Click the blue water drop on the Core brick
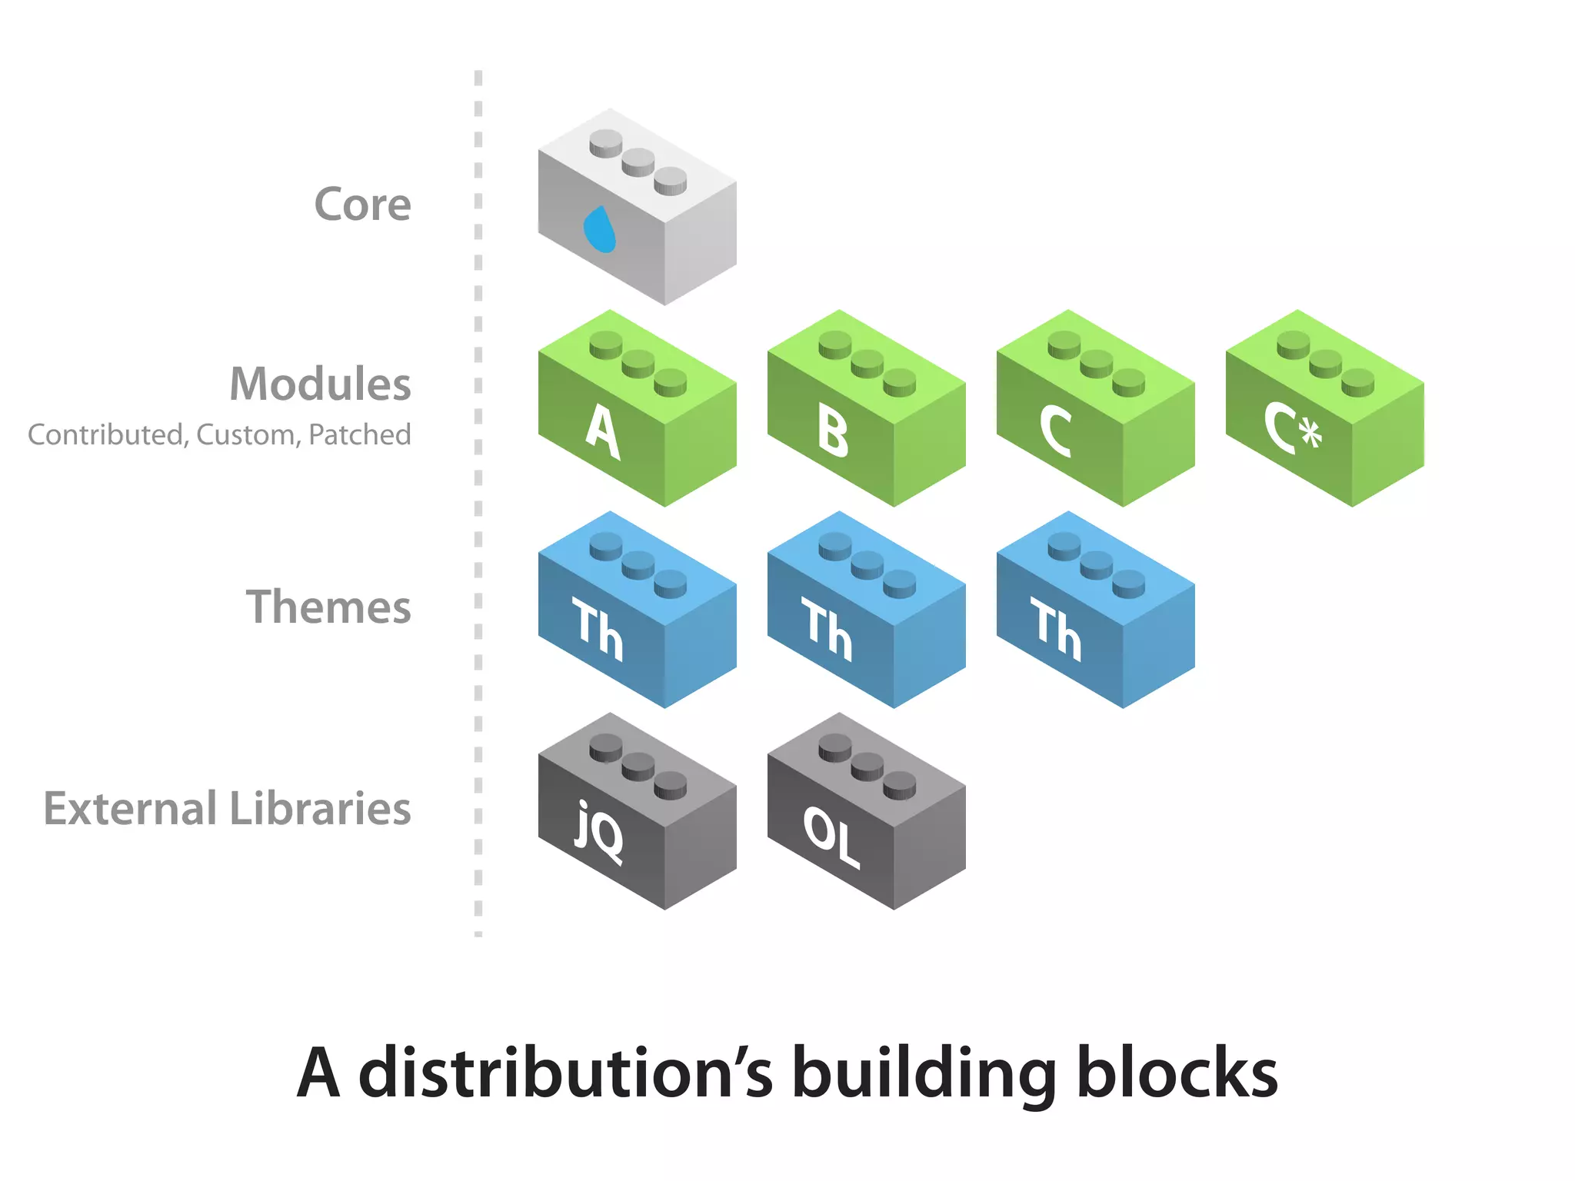(x=599, y=229)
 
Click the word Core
(x=362, y=205)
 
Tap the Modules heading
(x=320, y=384)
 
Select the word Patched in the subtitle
(x=359, y=435)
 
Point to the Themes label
(x=328, y=607)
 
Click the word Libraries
(x=320, y=808)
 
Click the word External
(x=130, y=808)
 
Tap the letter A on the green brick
(x=602, y=433)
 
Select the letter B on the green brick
(x=833, y=433)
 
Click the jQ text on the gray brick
(x=599, y=833)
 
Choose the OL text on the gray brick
(x=831, y=837)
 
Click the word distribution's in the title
(x=565, y=1073)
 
